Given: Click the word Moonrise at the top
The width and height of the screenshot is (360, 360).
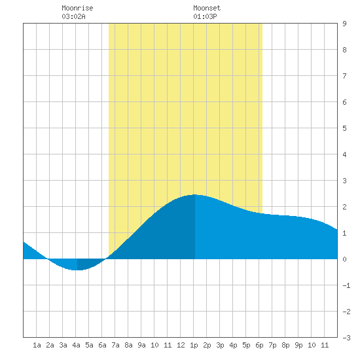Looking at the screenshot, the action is (77, 8).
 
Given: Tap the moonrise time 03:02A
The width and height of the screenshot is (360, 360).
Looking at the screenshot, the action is (73, 16).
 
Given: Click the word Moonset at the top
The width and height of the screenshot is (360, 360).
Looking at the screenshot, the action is (207, 8).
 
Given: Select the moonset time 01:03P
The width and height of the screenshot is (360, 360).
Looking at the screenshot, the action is (205, 16).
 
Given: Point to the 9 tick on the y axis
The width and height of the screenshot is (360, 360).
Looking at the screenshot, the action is (344, 24).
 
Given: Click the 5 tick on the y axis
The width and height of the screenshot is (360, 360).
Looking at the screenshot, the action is (344, 128).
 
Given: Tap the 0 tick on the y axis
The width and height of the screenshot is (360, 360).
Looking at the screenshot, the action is (344, 259).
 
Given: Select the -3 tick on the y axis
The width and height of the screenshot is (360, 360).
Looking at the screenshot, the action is (346, 338).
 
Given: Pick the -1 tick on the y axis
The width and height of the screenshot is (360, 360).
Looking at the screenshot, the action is (346, 285).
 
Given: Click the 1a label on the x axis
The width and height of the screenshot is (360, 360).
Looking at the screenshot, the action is (37, 345).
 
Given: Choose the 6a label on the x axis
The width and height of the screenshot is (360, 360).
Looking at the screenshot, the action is (102, 345).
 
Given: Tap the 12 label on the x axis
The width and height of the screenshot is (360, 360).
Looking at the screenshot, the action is (181, 345).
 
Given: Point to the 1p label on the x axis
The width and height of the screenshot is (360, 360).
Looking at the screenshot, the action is (194, 345).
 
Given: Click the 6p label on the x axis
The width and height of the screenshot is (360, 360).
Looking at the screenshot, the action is (259, 345).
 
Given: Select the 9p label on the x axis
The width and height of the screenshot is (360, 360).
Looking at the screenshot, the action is (298, 345).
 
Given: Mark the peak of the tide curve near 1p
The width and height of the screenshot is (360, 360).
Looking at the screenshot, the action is (194, 194).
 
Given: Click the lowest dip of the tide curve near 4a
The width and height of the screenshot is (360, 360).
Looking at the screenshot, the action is (77, 270).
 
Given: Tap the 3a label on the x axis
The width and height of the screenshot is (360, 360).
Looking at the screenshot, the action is (63, 345).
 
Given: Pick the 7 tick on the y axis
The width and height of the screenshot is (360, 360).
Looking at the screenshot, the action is (344, 76).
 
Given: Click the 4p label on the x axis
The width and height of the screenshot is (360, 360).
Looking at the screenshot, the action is (233, 345).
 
